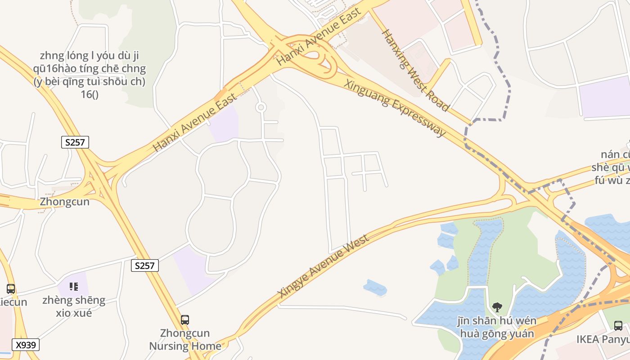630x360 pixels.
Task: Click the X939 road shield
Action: (26, 345)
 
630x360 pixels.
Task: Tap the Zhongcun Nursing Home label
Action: (185, 340)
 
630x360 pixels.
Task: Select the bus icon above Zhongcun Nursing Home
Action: (185, 320)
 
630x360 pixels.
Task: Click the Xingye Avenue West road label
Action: (324, 266)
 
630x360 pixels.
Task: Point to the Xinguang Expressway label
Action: (395, 108)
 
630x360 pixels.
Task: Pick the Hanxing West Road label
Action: (415, 70)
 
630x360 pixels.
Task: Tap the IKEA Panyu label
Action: (603, 339)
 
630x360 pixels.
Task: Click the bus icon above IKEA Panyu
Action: (618, 325)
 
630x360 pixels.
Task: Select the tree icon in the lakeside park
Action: (497, 307)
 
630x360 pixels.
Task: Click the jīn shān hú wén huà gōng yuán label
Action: (497, 327)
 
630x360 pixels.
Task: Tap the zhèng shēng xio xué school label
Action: (74, 306)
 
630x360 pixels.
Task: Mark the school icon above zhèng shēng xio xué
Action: (74, 287)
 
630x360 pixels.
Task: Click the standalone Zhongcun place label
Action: (65, 202)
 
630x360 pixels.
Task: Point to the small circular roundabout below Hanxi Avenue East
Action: (261, 107)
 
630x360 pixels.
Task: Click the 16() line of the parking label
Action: (90, 94)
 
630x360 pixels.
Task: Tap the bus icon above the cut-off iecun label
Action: (11, 289)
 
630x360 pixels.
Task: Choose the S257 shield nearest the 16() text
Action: (75, 143)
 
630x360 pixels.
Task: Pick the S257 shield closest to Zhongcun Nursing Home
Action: (145, 265)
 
